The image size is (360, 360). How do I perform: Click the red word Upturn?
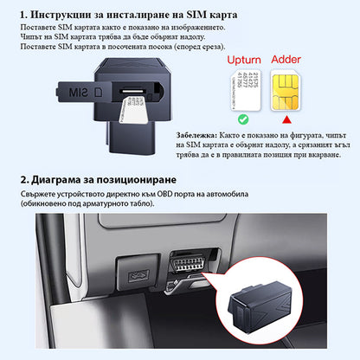(x=244, y=60)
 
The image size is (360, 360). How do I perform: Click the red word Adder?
(x=286, y=60)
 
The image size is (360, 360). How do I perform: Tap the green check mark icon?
(x=243, y=119)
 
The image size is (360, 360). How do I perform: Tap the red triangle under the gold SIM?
(x=286, y=119)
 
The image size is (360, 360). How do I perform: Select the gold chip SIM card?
(x=286, y=91)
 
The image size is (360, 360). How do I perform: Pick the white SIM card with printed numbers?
(x=246, y=90)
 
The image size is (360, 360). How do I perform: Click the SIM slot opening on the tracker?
(x=132, y=91)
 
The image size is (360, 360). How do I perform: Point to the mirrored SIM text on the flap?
(x=78, y=92)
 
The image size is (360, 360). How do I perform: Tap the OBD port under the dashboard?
(x=189, y=262)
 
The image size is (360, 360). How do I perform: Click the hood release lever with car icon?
(x=138, y=275)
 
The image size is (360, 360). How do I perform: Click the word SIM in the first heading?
(x=196, y=15)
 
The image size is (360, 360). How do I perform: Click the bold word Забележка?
(x=196, y=135)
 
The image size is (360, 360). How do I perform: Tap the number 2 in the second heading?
(x=23, y=180)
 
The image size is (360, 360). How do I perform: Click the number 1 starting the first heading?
(x=22, y=15)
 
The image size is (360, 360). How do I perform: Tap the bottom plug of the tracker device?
(x=132, y=138)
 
